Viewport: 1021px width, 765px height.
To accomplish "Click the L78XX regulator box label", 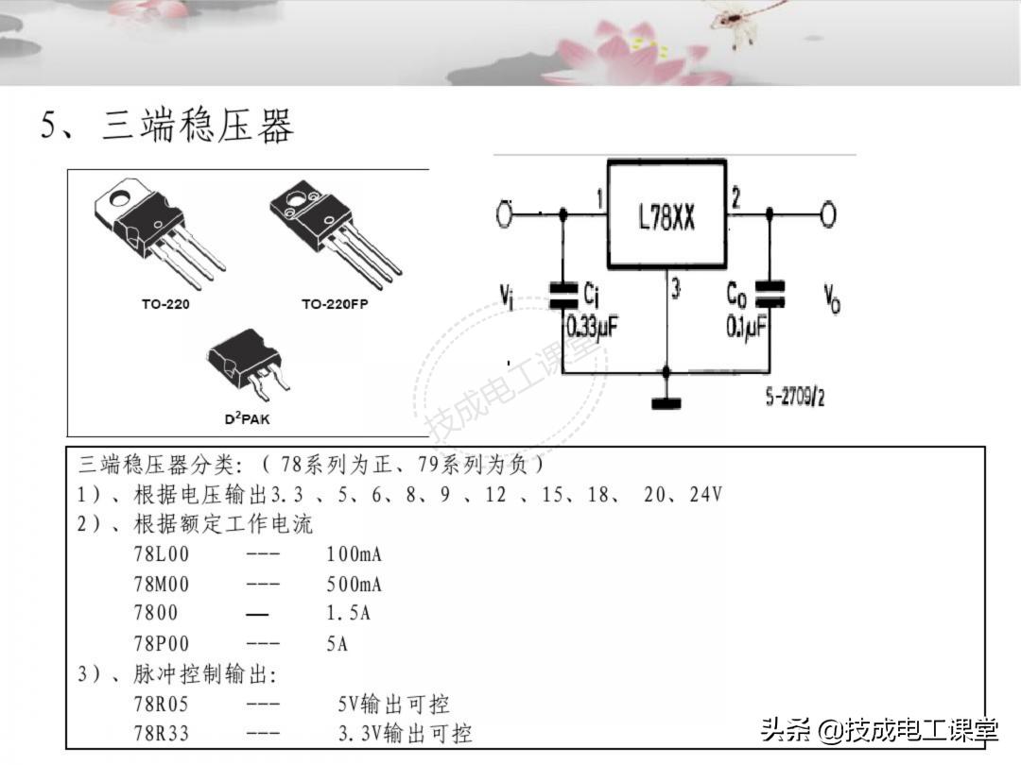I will [x=666, y=219].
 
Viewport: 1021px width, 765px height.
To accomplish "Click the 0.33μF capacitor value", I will [x=592, y=327].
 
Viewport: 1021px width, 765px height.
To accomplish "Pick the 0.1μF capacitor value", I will [x=747, y=327].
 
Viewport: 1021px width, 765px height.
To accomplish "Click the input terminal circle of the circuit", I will [x=504, y=215].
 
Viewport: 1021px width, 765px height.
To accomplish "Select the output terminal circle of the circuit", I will [x=828, y=215].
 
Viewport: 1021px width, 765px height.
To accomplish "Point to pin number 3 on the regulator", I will [x=675, y=290].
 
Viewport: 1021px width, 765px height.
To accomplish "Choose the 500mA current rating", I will [x=354, y=584].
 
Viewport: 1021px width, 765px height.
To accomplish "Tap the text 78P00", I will [x=161, y=644].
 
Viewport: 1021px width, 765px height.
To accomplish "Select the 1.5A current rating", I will [x=348, y=614].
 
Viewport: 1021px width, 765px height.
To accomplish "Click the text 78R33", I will [x=161, y=733].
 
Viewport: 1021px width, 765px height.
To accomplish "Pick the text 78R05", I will [x=161, y=704].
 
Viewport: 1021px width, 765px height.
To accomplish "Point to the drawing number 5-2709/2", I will [x=794, y=398].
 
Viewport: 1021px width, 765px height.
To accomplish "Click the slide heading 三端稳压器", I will [x=197, y=127].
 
